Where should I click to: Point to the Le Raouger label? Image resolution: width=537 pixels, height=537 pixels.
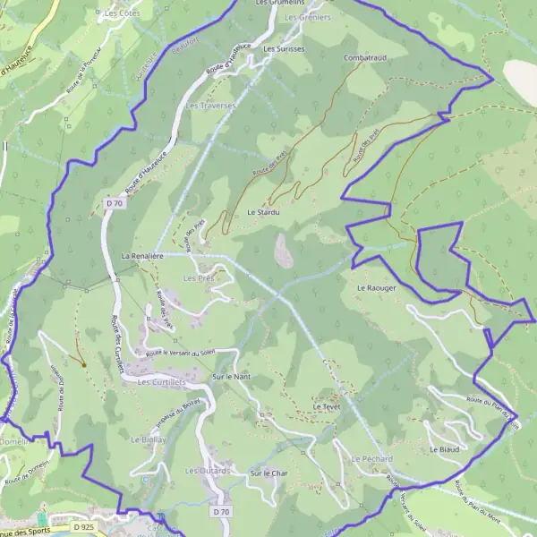(x=376, y=288)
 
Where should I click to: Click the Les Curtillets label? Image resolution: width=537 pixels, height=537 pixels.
(x=161, y=382)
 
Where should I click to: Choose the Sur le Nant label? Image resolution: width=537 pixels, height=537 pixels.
(x=231, y=378)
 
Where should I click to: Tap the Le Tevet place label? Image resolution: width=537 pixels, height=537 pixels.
(x=328, y=406)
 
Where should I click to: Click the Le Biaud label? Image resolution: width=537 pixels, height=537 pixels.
(x=444, y=448)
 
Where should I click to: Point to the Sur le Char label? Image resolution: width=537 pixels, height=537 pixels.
(x=267, y=473)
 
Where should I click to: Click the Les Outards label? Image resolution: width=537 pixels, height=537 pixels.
(x=208, y=471)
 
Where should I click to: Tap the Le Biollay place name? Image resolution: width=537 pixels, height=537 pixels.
(x=149, y=440)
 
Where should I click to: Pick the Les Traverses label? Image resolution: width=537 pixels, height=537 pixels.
(x=210, y=106)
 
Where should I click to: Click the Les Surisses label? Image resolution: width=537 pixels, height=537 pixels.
(x=285, y=48)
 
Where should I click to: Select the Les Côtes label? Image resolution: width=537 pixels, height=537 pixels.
(x=123, y=13)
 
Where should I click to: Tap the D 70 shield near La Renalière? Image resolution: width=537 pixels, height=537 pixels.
(x=114, y=203)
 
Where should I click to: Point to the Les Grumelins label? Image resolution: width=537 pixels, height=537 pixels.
(x=280, y=3)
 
